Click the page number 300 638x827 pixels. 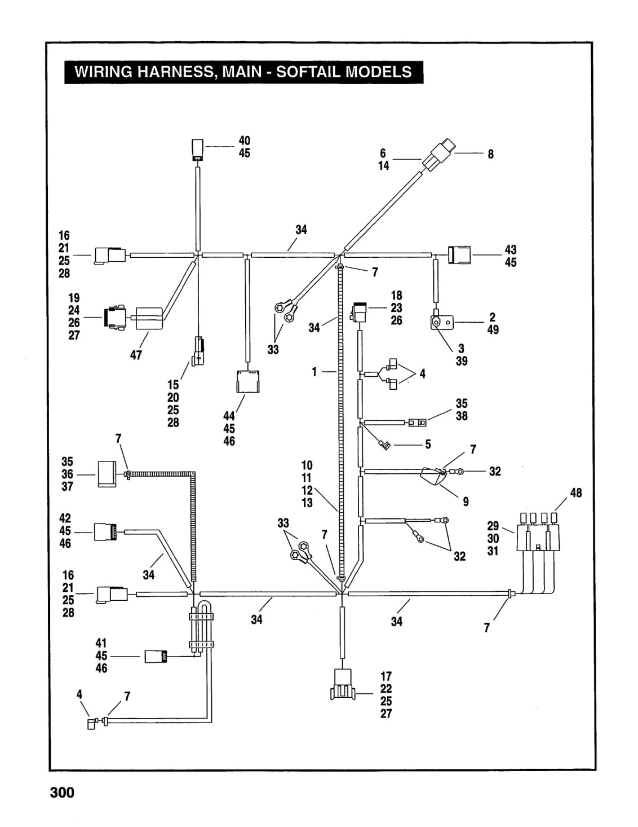(63, 793)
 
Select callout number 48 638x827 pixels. (576, 493)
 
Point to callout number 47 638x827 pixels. (136, 355)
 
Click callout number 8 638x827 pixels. (490, 154)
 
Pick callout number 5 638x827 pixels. (428, 444)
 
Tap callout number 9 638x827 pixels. (466, 502)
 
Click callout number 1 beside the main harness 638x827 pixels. (314, 372)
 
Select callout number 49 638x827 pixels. (493, 329)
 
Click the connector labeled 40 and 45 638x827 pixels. (197, 149)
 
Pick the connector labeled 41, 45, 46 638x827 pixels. (156, 657)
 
